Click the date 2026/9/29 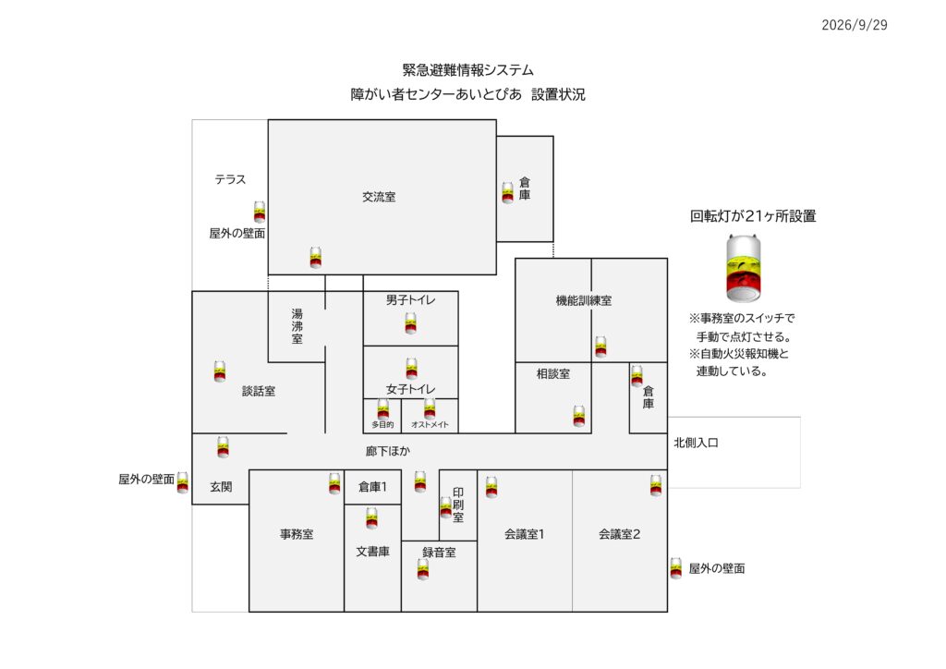pyautogui.click(x=855, y=25)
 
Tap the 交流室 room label pyautogui.click(x=379, y=197)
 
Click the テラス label pyautogui.click(x=230, y=179)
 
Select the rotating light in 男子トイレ pyautogui.click(x=411, y=323)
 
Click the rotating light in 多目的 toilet pyautogui.click(x=383, y=409)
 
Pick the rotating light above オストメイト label pyautogui.click(x=430, y=408)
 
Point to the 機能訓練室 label pyautogui.click(x=584, y=300)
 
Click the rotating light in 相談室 pyautogui.click(x=579, y=416)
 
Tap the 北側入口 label pyautogui.click(x=697, y=443)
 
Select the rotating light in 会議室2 pyautogui.click(x=656, y=486)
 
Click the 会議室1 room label pyautogui.click(x=525, y=534)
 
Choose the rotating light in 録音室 pyautogui.click(x=423, y=569)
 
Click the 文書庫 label pyautogui.click(x=373, y=552)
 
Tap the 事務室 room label pyautogui.click(x=297, y=534)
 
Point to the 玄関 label pyautogui.click(x=221, y=487)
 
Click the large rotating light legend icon pyautogui.click(x=744, y=269)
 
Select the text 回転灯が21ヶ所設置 pyautogui.click(x=753, y=216)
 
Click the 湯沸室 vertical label pyautogui.click(x=297, y=326)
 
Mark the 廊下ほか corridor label pyautogui.click(x=388, y=451)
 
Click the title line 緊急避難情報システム pyautogui.click(x=468, y=70)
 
